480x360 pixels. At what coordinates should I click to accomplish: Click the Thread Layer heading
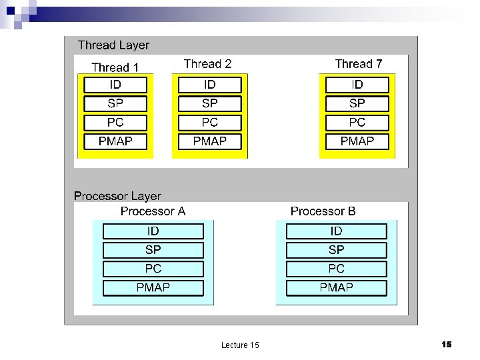[113, 45]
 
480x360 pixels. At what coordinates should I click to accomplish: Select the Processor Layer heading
[117, 196]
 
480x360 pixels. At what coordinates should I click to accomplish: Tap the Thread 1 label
[115, 67]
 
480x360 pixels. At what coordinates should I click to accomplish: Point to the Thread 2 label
[207, 64]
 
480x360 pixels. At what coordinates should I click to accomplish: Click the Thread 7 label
[359, 64]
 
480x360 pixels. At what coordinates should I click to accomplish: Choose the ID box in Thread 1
[115, 85]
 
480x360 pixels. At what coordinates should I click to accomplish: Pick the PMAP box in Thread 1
[115, 141]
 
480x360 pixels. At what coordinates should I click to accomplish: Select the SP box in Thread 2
[209, 103]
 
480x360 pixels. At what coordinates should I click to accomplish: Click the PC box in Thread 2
[209, 123]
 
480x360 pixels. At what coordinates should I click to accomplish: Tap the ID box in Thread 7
[357, 85]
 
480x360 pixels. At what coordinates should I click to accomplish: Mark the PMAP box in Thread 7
[357, 141]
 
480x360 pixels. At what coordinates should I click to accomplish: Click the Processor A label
[153, 211]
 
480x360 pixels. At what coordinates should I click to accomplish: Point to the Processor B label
[323, 211]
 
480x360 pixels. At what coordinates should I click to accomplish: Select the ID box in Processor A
[153, 231]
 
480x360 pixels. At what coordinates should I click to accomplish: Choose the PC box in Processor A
[153, 269]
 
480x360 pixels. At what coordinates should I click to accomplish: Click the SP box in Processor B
[336, 250]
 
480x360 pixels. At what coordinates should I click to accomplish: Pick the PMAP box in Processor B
[336, 288]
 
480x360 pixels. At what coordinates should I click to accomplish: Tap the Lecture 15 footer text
[240, 345]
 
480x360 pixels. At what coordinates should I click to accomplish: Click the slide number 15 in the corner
[447, 344]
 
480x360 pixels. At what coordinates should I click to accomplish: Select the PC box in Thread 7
[357, 123]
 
